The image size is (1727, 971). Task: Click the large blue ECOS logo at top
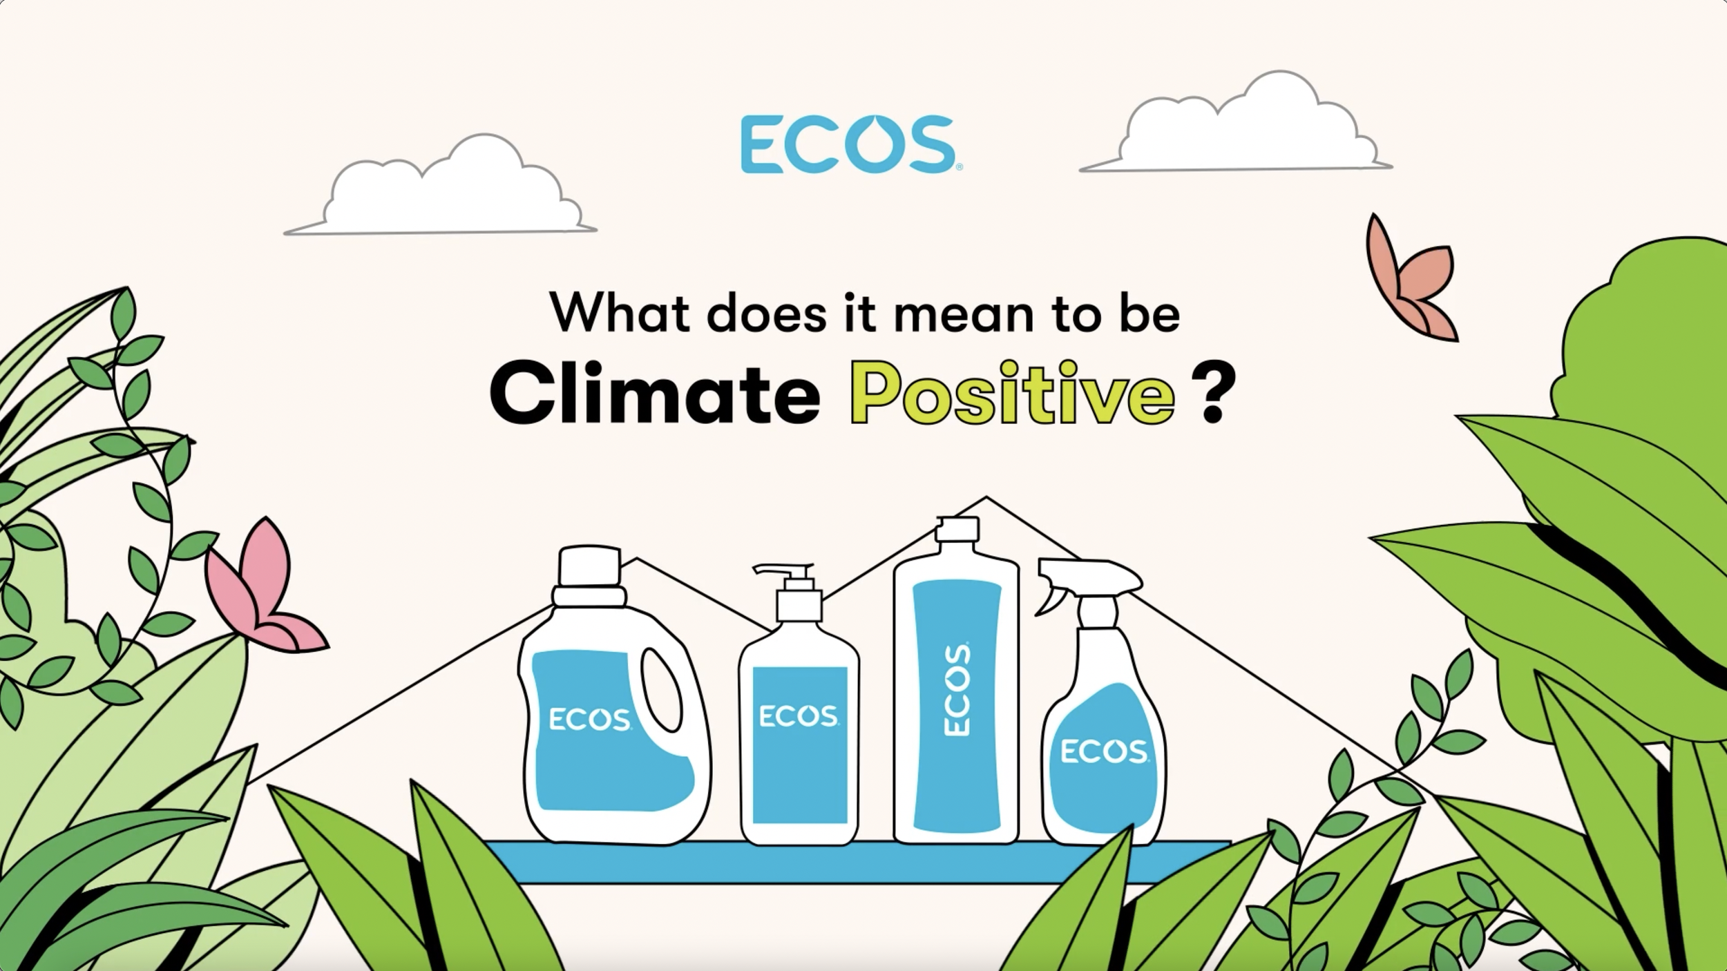pyautogui.click(x=848, y=144)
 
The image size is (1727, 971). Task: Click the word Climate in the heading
pyautogui.click(x=654, y=395)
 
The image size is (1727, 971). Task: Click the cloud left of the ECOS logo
pyautogui.click(x=442, y=190)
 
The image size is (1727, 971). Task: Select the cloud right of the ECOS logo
pyautogui.click(x=1237, y=128)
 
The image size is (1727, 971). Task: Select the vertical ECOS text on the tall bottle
pyautogui.click(x=957, y=689)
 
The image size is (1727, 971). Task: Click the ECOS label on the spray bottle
pyautogui.click(x=1103, y=751)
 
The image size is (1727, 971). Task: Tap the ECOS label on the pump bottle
pyautogui.click(x=799, y=716)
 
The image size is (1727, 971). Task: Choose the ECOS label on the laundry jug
pyautogui.click(x=589, y=720)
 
